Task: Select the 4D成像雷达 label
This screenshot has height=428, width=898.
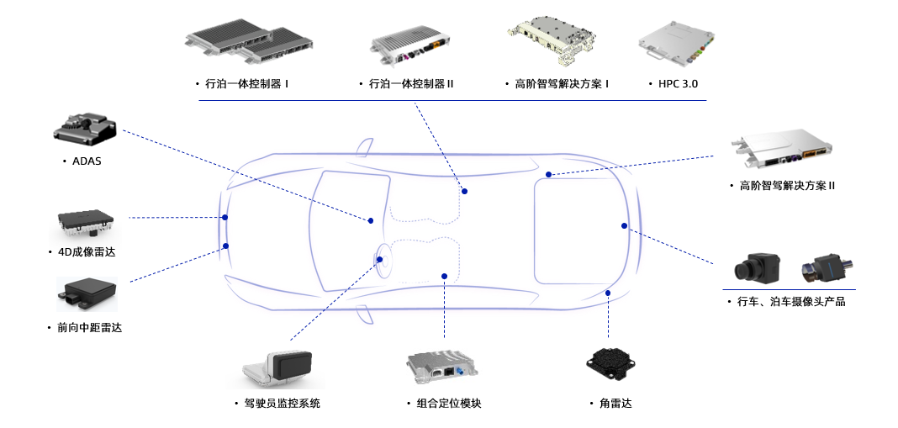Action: coord(85,252)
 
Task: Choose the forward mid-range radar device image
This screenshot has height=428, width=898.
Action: coord(87,290)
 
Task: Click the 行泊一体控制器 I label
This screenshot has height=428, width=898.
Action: coord(247,84)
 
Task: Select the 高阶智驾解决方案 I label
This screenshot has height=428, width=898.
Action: coord(562,84)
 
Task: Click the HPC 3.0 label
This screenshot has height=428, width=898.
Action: coord(679,84)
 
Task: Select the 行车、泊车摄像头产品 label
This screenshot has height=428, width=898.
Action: coord(790,301)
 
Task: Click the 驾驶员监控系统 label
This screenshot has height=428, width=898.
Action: coord(282,404)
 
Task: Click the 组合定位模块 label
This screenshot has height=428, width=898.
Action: coord(449,404)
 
